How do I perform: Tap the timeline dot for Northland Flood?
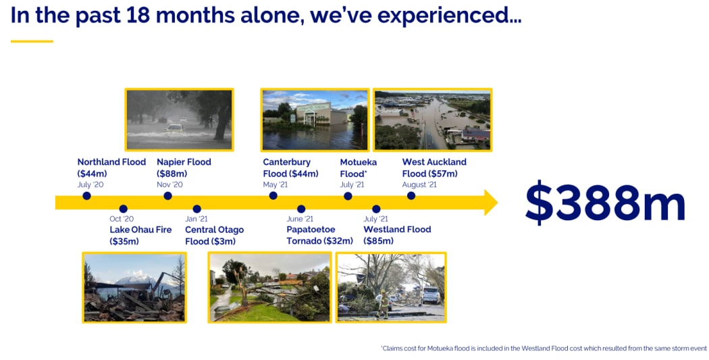[x=86, y=196]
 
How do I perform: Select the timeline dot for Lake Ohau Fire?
[x=123, y=209]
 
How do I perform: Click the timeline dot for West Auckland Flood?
[x=411, y=196]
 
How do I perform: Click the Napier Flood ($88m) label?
[x=184, y=168]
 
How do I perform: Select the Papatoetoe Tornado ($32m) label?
[x=319, y=235]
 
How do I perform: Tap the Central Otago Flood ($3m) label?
[x=214, y=235]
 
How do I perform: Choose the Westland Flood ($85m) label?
[x=397, y=235]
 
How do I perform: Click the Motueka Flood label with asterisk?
[x=359, y=168]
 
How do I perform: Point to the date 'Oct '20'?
[x=122, y=219]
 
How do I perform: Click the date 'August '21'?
[x=419, y=185]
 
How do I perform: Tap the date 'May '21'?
[x=275, y=185]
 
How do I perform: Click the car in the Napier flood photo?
[x=174, y=128]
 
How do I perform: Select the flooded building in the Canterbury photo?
[x=317, y=114]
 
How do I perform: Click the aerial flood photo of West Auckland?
[x=432, y=120]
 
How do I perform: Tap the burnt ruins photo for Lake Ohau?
[x=134, y=287]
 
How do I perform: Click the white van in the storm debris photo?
[x=431, y=294]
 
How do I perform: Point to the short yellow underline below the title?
[x=32, y=41]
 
